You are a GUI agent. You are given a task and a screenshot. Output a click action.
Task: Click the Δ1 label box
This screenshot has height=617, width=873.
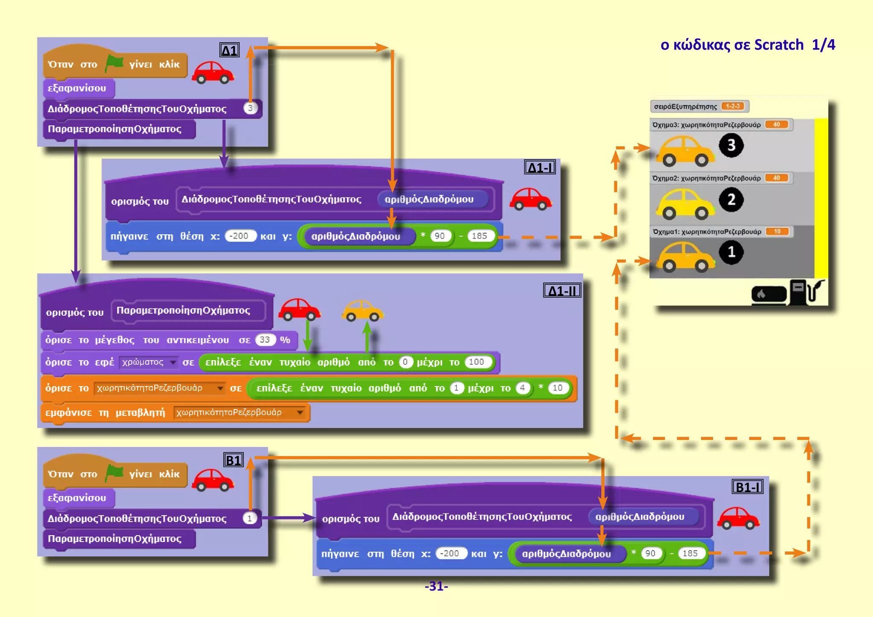(229, 51)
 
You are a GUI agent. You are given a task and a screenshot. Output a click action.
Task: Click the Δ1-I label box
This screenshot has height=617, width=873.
(540, 167)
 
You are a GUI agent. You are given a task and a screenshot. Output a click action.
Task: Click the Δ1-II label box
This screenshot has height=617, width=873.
(562, 291)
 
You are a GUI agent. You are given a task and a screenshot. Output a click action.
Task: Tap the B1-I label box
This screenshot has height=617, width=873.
(747, 487)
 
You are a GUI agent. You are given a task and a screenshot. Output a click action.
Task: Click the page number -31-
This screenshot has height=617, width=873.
(436, 586)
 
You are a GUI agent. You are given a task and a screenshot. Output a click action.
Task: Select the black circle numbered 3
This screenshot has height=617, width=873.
(731, 145)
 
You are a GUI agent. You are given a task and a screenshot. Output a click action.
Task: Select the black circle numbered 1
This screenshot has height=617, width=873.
(731, 252)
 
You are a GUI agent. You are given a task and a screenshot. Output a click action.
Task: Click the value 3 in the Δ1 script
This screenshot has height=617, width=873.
(250, 108)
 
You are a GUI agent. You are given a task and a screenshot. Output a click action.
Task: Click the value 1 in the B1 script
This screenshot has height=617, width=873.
(250, 518)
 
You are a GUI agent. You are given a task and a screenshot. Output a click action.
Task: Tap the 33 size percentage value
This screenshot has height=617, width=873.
(265, 340)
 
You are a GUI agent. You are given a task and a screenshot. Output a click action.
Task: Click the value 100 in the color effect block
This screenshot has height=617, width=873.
(476, 362)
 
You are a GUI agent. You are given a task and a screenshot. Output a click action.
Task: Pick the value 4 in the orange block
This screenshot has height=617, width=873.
(522, 388)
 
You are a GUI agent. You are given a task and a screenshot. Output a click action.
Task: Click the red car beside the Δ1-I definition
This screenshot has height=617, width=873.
(530, 199)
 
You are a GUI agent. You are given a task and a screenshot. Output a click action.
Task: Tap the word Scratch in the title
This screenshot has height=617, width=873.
(778, 45)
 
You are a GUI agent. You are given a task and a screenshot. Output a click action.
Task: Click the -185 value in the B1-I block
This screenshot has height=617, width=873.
(690, 553)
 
